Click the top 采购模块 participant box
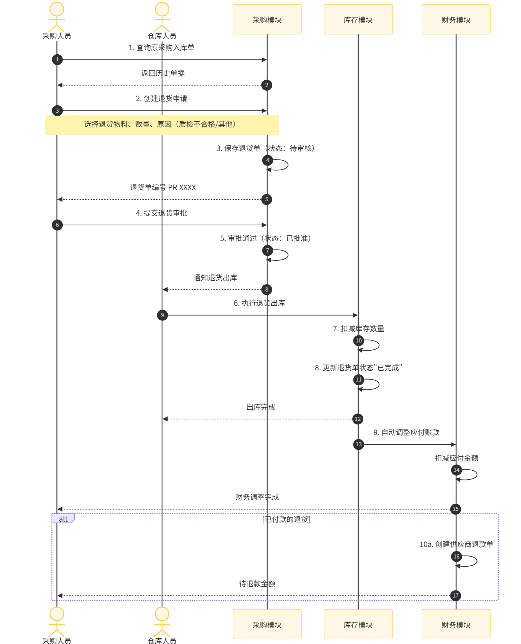pyautogui.click(x=267, y=19)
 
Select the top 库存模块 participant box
pyautogui.click(x=358, y=19)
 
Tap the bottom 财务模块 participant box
pyautogui.click(x=456, y=624)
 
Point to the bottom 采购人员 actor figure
pyautogui.click(x=57, y=622)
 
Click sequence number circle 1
pyautogui.click(x=57, y=59)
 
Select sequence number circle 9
pyautogui.click(x=162, y=315)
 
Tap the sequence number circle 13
pyautogui.click(x=359, y=444)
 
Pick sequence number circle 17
pyautogui.click(x=456, y=596)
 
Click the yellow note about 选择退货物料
pyautogui.click(x=162, y=125)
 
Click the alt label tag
pyautogui.click(x=63, y=519)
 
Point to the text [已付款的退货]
pyautogui.click(x=286, y=519)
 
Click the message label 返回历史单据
pyautogui.click(x=163, y=73)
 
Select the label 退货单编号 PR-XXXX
pyautogui.click(x=163, y=187)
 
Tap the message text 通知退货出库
pyautogui.click(x=215, y=278)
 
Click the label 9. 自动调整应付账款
pyautogui.click(x=406, y=432)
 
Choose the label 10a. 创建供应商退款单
pyautogui.click(x=456, y=544)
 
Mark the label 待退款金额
pyautogui.click(x=257, y=584)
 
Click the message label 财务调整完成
pyautogui.click(x=257, y=497)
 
